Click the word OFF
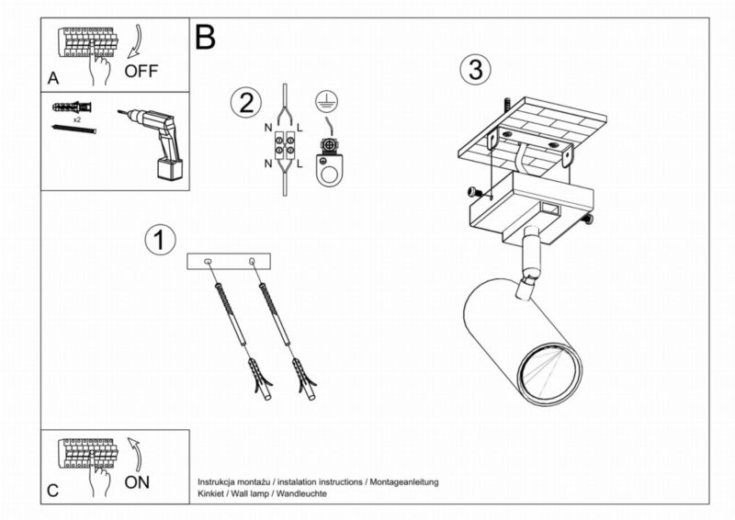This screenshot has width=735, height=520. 141,72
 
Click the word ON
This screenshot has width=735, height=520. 137,482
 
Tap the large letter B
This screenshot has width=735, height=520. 205,37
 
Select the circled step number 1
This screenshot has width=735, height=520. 160,240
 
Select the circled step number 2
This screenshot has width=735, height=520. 246,102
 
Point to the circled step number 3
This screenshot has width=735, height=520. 475,70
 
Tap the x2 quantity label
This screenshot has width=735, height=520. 76,119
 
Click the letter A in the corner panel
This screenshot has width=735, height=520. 53,78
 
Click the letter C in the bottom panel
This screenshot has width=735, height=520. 53,491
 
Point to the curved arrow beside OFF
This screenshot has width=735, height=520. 136,41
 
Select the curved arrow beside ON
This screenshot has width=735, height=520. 135,455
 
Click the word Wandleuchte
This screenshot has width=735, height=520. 301,493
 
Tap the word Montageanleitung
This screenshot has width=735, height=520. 404,482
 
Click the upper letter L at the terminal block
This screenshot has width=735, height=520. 300,128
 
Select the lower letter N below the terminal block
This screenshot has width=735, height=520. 268,164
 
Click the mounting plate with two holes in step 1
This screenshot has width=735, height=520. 229,261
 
